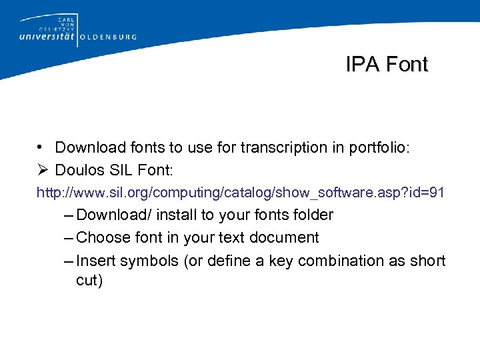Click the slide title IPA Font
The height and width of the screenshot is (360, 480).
[x=387, y=64]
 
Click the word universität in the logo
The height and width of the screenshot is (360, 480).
[x=48, y=37]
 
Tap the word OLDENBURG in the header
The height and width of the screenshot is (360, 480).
[x=109, y=37]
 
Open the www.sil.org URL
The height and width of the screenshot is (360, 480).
[x=240, y=193]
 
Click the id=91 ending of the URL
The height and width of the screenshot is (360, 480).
[x=427, y=193]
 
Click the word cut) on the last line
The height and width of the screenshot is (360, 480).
[x=89, y=281]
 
